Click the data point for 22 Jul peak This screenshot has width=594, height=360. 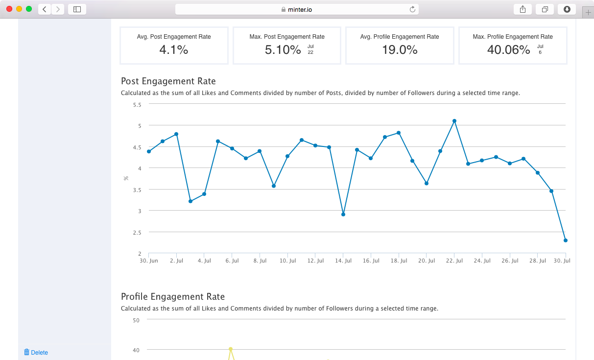point(454,120)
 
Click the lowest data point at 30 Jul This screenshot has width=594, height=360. point(566,240)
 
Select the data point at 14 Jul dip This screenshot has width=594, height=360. point(343,215)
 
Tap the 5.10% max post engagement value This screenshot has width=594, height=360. point(283,49)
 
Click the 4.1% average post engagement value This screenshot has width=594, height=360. point(174,49)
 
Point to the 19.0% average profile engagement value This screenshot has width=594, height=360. point(400,49)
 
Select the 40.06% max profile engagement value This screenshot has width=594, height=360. point(508,49)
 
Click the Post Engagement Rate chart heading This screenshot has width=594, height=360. point(168,81)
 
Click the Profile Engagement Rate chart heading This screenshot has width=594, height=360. point(173,297)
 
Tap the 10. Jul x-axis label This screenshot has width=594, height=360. point(287,261)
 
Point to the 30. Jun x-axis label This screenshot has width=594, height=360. point(149,261)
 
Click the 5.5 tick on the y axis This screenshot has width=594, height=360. point(137,104)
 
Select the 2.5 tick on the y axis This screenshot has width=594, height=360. point(137,232)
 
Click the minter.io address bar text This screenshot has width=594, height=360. point(300,9)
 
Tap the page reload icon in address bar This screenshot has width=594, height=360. point(412,9)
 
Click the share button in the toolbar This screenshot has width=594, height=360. point(523,9)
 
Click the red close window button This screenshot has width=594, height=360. point(9,9)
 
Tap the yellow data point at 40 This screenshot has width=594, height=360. point(230,349)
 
